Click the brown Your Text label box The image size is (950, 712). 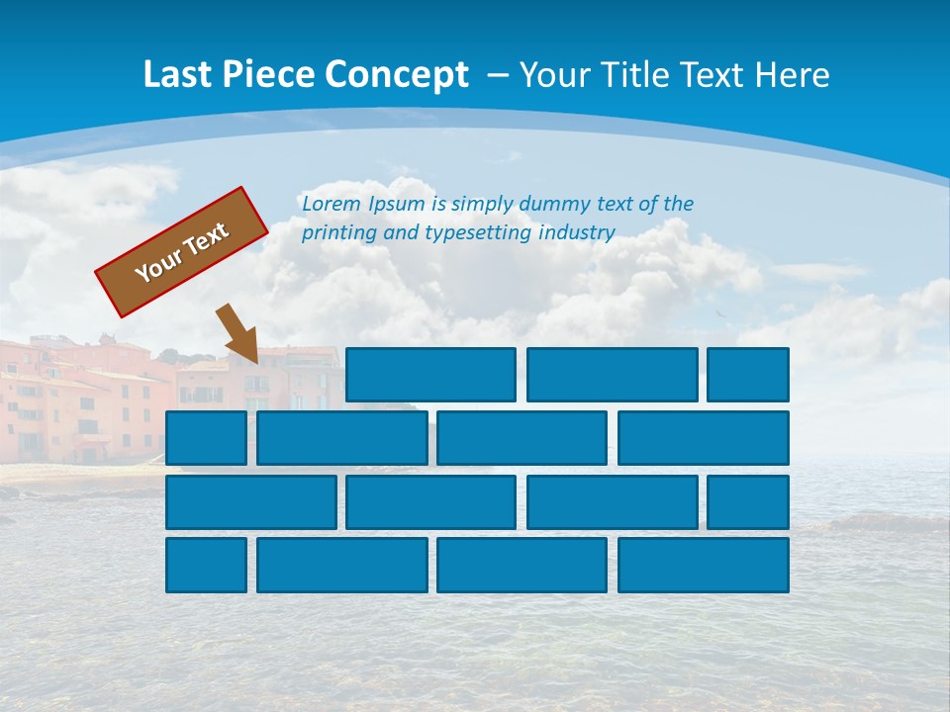click(182, 252)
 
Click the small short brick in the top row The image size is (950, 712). click(748, 375)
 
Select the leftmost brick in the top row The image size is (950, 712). click(430, 375)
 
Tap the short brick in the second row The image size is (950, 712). click(206, 438)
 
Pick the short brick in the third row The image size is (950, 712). click(748, 502)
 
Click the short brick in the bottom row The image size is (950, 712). click(206, 566)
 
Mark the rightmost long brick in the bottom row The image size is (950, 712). click(704, 566)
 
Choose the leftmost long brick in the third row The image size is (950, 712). click(250, 502)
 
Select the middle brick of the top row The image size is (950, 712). click(612, 375)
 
